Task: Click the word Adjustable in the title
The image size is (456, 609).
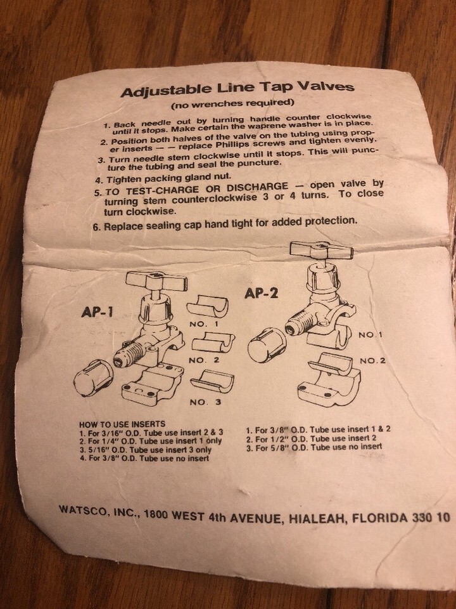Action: click(167, 91)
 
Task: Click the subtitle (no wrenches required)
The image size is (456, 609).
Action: click(232, 103)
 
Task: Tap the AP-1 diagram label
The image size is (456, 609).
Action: click(97, 311)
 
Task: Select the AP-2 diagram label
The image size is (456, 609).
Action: click(262, 293)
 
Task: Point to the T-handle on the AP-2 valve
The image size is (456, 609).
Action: click(322, 250)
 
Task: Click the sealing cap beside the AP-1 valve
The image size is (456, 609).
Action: click(92, 378)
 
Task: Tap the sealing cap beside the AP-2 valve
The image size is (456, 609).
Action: click(267, 344)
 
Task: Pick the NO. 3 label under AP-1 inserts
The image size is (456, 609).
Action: click(205, 402)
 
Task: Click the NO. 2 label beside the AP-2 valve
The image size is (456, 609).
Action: click(372, 361)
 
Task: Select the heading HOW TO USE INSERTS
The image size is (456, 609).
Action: click(122, 424)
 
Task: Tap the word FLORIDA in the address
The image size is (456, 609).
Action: click(375, 518)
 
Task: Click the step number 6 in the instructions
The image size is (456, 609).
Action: click(96, 227)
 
